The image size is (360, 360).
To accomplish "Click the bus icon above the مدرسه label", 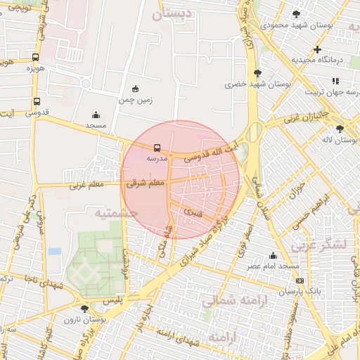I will tap(156, 148).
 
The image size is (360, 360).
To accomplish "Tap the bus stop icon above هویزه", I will tap(36, 58).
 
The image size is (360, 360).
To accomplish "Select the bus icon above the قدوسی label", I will tap(37, 101).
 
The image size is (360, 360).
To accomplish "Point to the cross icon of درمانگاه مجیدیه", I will tap(318, 49).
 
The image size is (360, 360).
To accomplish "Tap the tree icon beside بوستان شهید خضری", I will tap(258, 72).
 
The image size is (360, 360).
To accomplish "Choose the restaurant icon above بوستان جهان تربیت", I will tap(336, 81).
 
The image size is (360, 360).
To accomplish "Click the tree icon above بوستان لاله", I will tap(340, 129).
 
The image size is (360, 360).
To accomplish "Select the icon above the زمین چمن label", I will tap(136, 89).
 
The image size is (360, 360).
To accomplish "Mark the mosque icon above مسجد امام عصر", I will tap(274, 256).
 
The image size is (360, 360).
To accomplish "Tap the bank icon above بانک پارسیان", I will tap(300, 280).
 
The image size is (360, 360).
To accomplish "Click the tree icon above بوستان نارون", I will tap(85, 308).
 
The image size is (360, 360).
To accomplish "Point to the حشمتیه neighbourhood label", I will tap(117, 212).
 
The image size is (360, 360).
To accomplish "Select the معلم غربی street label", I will tap(86, 187).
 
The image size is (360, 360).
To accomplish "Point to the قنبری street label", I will tap(193, 210).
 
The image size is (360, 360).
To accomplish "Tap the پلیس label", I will tap(113, 300).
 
